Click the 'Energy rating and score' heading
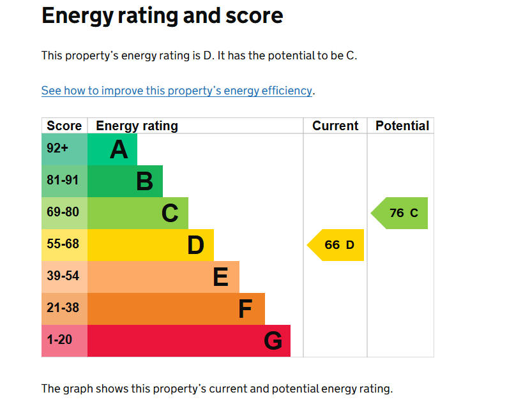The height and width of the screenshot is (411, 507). [x=162, y=16]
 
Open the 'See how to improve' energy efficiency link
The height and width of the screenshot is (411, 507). [x=176, y=91]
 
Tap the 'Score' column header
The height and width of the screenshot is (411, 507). [x=64, y=126]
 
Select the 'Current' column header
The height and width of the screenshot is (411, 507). [x=335, y=126]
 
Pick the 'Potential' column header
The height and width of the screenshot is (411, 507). [x=402, y=126]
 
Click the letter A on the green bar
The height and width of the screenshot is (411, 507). [x=119, y=149]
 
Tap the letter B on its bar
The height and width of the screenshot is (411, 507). [x=144, y=181]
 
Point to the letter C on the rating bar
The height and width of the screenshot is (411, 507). [x=170, y=213]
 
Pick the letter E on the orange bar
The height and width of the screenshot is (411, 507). [x=220, y=277]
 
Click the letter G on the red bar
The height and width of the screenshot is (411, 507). [x=273, y=341]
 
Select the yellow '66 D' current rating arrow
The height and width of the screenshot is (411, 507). [x=337, y=245]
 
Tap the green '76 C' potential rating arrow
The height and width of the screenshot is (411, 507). [x=401, y=213]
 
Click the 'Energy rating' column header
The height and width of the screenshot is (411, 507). [x=137, y=126]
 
